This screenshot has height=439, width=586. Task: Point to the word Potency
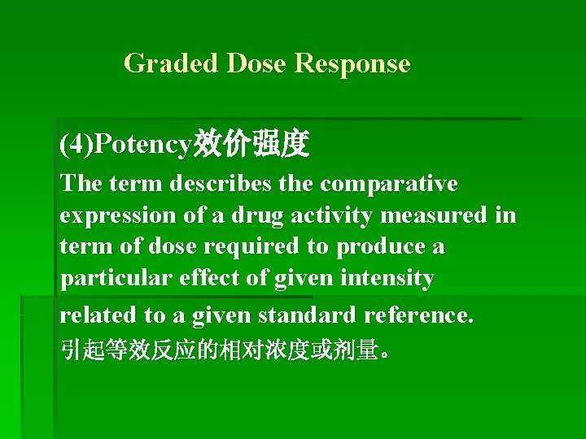pyautogui.click(x=142, y=145)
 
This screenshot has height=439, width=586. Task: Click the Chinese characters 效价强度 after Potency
pyautogui.click(x=250, y=145)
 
